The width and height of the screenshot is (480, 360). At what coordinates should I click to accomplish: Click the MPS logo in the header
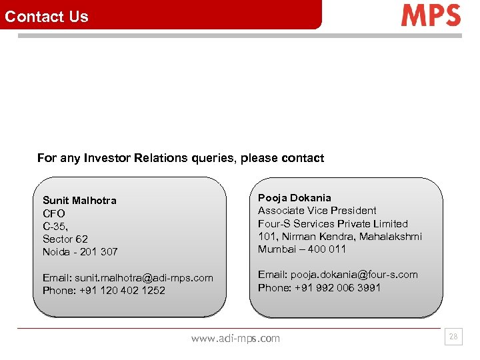pos(431,15)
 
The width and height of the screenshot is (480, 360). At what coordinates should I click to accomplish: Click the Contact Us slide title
pos(47,17)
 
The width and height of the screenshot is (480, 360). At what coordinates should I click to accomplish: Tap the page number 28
pos(453,337)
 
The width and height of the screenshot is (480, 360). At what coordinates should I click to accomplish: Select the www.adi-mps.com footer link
pos(235,339)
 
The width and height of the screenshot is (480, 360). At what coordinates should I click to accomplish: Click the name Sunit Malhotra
pos(79,201)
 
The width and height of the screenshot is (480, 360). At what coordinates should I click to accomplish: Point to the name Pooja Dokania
pos(294,198)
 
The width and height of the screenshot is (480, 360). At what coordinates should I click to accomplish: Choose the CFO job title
pos(53,213)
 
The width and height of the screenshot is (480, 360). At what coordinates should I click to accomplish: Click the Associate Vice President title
pos(317,211)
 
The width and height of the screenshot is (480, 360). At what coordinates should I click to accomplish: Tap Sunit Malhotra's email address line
pos(128,277)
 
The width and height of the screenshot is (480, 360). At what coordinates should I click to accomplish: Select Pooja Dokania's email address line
pos(338,275)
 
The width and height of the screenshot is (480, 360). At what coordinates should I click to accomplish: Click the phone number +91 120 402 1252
pos(122,291)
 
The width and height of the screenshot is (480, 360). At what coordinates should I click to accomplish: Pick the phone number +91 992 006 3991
pos(337,288)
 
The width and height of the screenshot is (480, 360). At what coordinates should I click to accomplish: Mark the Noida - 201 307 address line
pos(80,252)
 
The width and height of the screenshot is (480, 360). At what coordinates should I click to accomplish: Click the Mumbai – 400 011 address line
pos(302,249)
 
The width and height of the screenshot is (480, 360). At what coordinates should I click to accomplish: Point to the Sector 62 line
pos(65,239)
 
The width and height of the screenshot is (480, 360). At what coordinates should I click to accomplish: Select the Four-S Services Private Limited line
pos(333,224)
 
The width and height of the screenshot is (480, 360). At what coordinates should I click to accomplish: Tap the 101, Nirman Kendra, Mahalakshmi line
pos(340,237)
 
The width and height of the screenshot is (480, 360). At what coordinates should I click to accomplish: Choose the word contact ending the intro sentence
pos(303,159)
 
